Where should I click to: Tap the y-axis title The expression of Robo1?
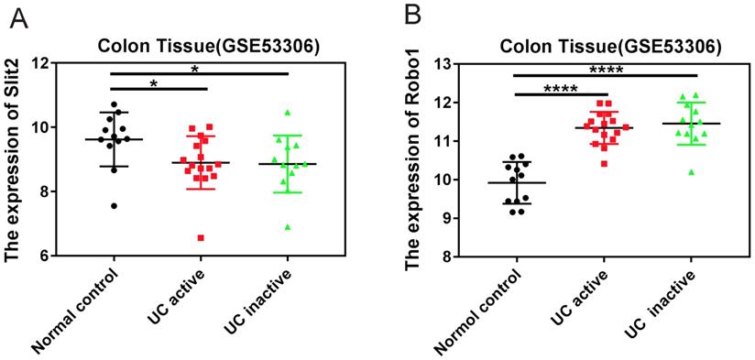point(414,160)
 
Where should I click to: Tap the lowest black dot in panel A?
point(114,206)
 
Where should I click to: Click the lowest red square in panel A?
point(201,237)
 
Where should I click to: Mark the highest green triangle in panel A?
point(288,113)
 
